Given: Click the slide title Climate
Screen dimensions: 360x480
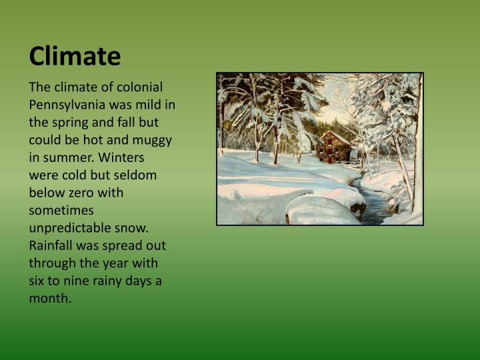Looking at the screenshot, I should pos(75,56).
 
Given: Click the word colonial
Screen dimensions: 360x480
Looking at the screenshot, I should pos(140,87).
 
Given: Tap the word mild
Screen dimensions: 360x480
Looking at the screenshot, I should pos(150,105).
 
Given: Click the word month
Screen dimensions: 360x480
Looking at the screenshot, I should pos(49,298).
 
